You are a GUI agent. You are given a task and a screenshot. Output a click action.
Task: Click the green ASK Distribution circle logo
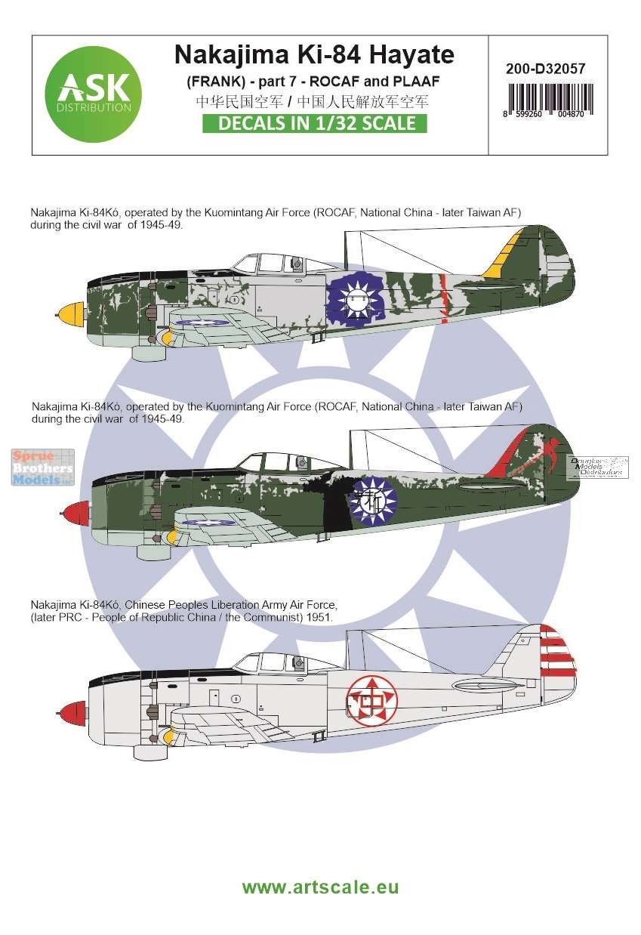click(93, 94)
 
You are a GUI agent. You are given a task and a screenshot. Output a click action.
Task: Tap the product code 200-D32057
click(545, 69)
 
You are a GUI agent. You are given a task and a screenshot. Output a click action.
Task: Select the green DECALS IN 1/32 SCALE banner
click(315, 124)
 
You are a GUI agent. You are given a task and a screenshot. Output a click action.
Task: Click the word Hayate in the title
click(412, 54)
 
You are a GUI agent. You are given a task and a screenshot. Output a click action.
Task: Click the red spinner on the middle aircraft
click(75, 514)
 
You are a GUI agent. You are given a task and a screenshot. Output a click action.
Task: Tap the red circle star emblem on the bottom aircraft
click(372, 700)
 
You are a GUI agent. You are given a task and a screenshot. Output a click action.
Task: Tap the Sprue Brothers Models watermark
click(43, 467)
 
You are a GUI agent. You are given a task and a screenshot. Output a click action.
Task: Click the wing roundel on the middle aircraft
click(209, 523)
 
